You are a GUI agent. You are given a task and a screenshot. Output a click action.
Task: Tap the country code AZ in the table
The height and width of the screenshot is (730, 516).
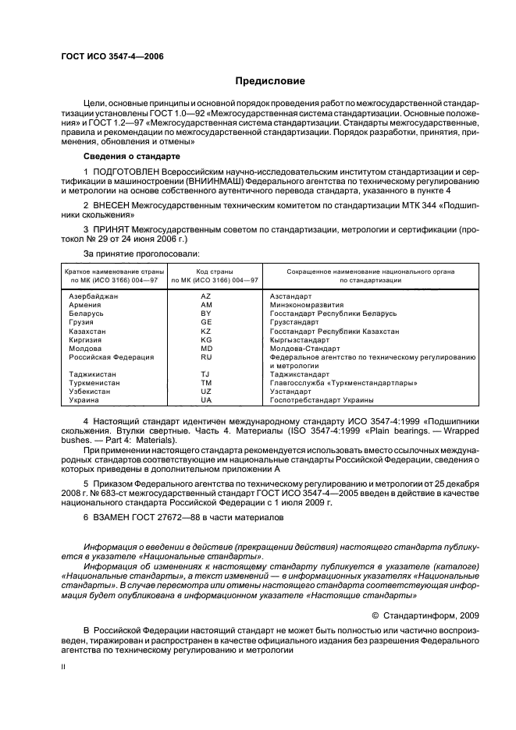click(x=206, y=296)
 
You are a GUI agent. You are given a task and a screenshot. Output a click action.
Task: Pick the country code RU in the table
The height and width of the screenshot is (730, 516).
click(x=206, y=356)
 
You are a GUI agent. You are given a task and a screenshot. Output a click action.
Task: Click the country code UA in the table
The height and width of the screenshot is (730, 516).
click(x=206, y=400)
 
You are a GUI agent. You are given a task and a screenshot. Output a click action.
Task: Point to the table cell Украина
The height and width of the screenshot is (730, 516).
click(x=84, y=400)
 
